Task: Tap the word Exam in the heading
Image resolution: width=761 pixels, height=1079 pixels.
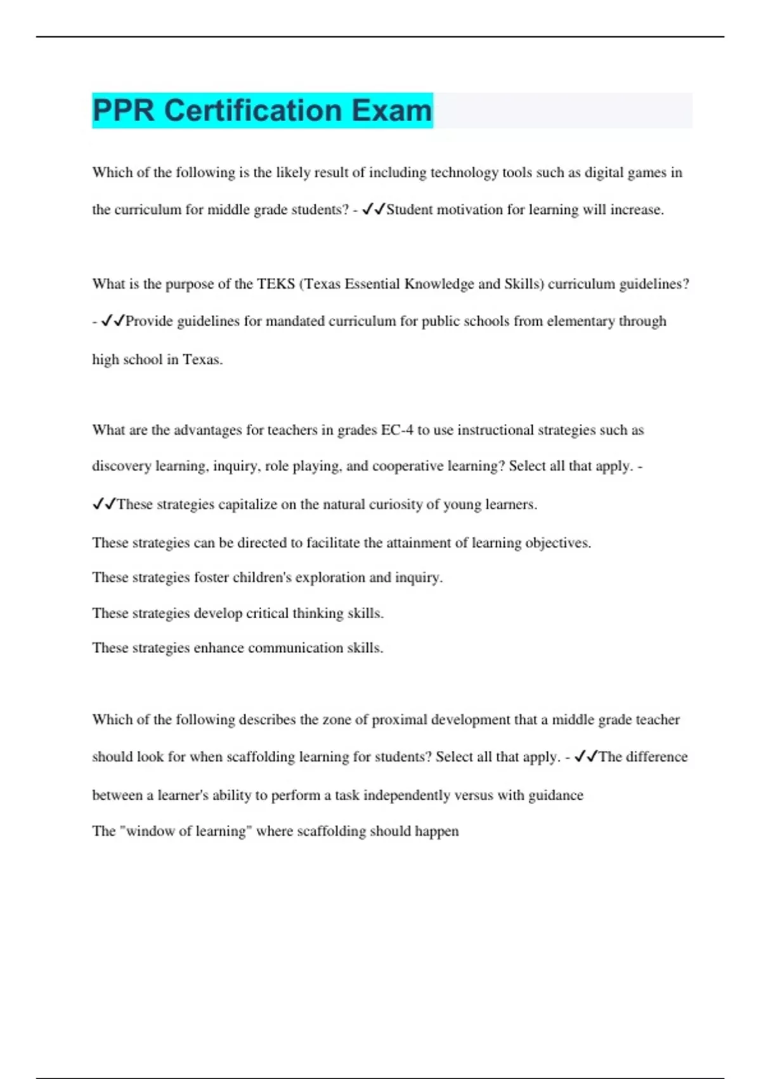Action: [391, 110]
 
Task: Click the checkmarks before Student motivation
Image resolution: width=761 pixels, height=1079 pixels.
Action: [374, 209]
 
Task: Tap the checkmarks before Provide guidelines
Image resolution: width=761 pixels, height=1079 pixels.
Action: [113, 321]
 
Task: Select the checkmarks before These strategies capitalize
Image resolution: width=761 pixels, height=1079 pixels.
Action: [104, 504]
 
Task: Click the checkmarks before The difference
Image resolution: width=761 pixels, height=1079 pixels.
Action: [586, 757]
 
